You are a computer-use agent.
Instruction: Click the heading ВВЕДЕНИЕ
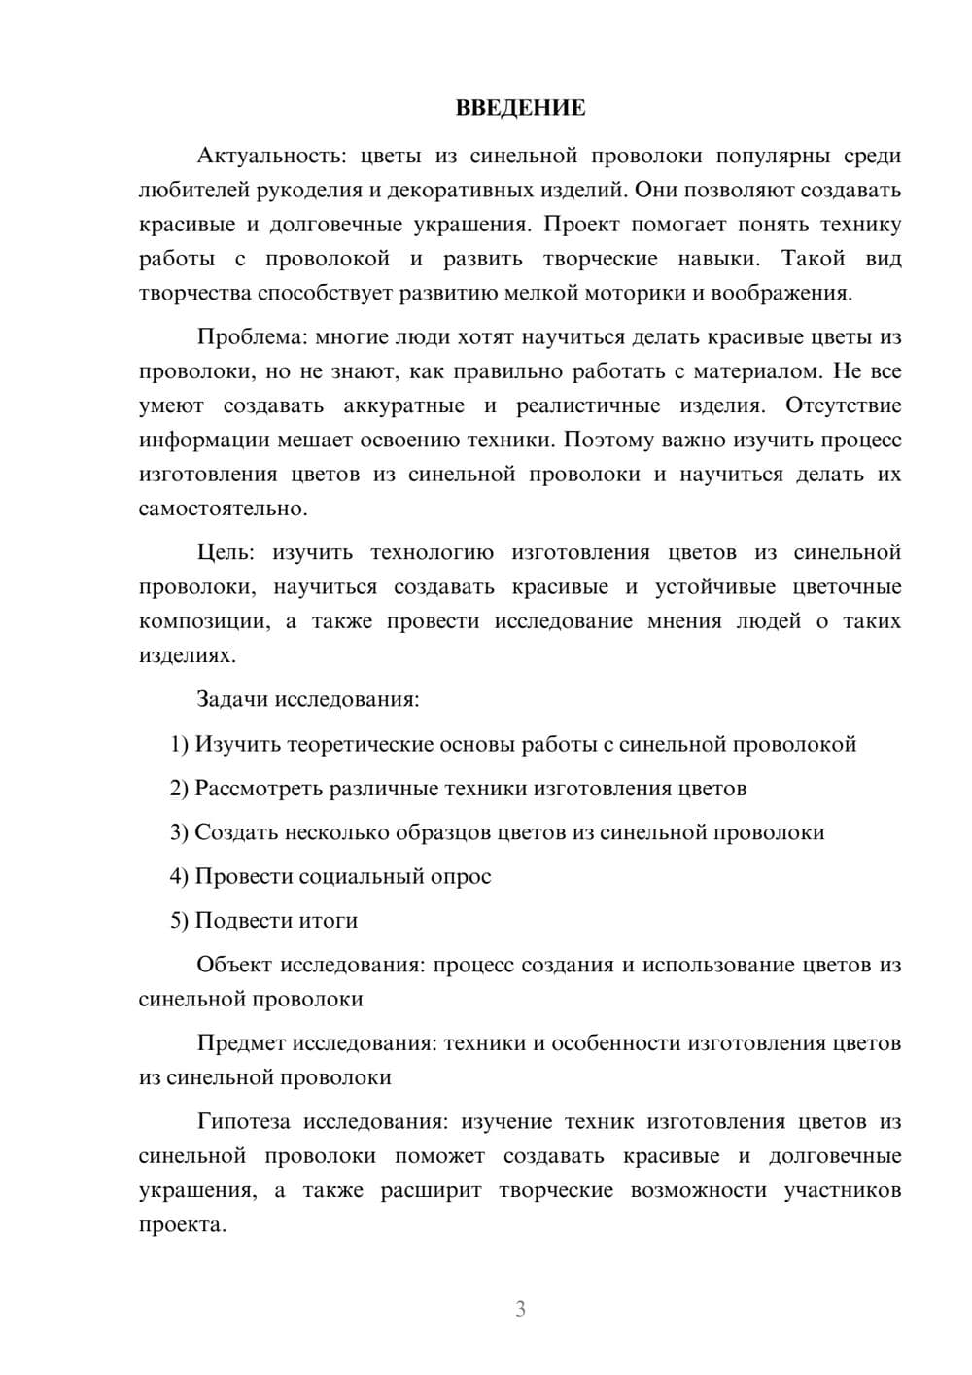pyautogui.click(x=520, y=108)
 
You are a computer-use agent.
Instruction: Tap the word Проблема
pyautogui.click(x=252, y=337)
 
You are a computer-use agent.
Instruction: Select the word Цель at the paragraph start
pyautogui.click(x=225, y=552)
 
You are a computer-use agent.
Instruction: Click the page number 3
pyautogui.click(x=520, y=1309)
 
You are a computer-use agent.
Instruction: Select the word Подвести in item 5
pyautogui.click(x=238, y=920)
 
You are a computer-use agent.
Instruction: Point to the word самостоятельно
pyautogui.click(x=222, y=509)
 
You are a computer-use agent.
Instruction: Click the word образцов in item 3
pyautogui.click(x=448, y=832)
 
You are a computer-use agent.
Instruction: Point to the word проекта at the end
pyautogui.click(x=182, y=1225)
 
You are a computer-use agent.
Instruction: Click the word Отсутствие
pyautogui.click(x=843, y=405)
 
